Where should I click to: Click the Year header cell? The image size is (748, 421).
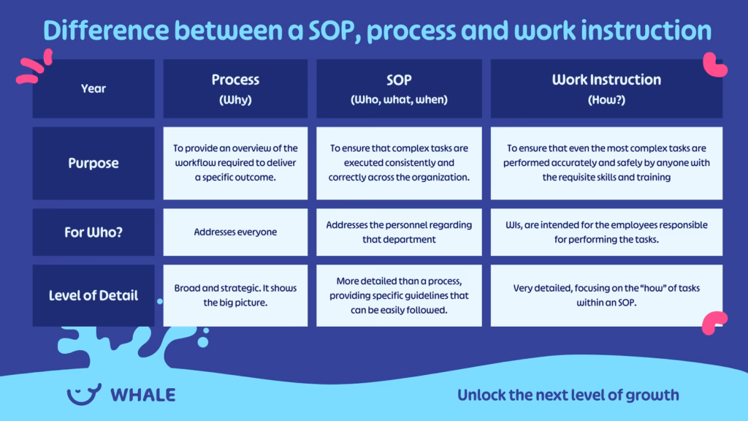93,88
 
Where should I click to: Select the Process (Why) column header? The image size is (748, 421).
235,88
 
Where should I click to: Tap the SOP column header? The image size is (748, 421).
399,88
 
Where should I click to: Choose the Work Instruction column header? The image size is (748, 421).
606,88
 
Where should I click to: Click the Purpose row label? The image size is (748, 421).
93,163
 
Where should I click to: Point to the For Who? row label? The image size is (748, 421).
93,232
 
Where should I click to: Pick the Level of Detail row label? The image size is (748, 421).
93,295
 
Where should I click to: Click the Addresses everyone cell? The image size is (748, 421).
235,232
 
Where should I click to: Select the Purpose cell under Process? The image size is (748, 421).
235,163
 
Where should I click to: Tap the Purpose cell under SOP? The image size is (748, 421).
399,163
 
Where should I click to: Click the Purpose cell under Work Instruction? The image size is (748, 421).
606,163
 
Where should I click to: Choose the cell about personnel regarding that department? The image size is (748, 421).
399,232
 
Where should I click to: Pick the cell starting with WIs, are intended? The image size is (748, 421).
606,232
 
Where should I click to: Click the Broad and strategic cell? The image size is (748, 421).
235,295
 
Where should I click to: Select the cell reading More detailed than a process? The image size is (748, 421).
399,295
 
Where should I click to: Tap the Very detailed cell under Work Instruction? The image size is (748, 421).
606,295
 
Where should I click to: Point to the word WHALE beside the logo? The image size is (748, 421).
142,395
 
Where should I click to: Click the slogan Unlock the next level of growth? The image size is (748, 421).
568,395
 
